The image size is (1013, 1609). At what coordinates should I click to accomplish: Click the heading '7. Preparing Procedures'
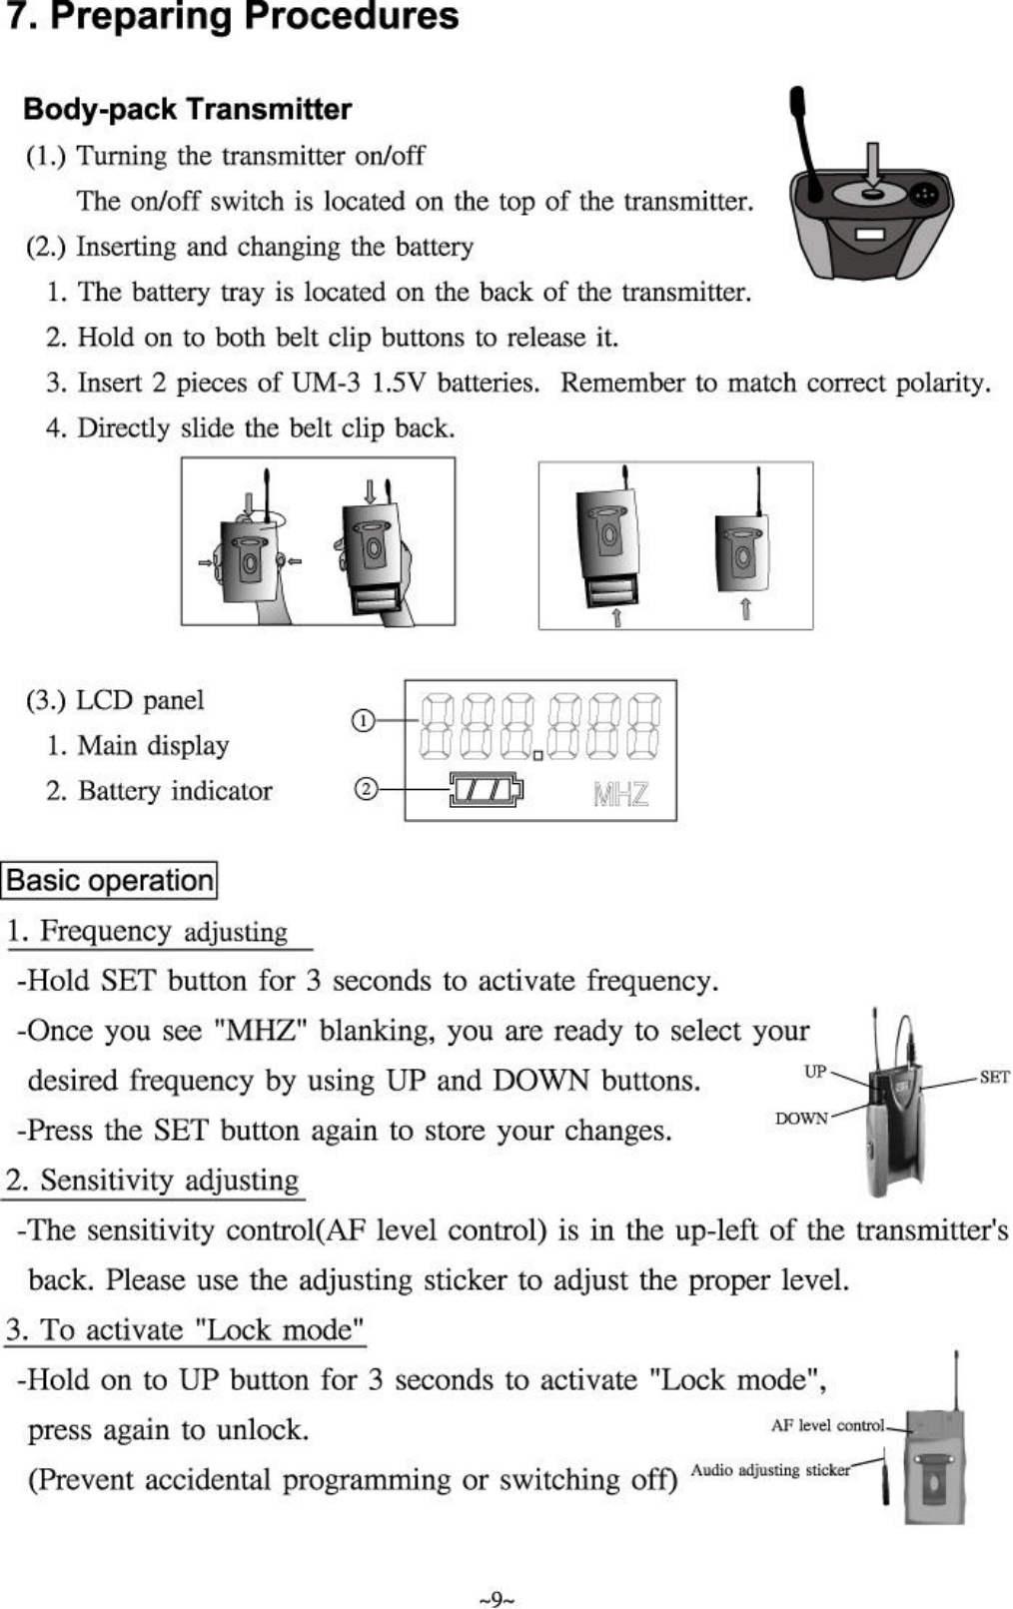click(x=233, y=18)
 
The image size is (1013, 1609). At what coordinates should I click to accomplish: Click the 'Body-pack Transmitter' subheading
click(x=187, y=109)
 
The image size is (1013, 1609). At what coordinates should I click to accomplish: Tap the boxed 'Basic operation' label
click(x=110, y=881)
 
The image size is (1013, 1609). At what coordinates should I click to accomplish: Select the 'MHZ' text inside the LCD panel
click(x=620, y=794)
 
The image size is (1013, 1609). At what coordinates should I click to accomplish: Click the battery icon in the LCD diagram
click(x=486, y=790)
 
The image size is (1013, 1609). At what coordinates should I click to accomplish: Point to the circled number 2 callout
click(x=367, y=790)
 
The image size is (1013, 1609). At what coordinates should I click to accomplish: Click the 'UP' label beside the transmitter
click(x=815, y=1072)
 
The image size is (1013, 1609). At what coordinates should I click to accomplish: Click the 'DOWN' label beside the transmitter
click(x=801, y=1119)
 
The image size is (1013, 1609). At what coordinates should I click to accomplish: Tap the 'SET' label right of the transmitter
click(x=994, y=1077)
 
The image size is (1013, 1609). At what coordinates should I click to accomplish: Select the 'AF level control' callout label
click(x=827, y=1425)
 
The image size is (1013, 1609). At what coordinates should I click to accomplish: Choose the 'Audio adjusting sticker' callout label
click(x=769, y=1470)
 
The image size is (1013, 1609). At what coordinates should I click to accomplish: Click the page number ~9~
click(x=497, y=1600)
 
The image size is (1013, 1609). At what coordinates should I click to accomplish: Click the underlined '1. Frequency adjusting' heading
click(x=148, y=932)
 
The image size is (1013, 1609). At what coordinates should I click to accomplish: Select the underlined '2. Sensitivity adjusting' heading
click(x=153, y=1181)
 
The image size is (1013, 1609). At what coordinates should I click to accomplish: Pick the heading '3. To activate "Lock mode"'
click(x=185, y=1330)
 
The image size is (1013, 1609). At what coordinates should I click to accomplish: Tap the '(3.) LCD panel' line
click(x=115, y=700)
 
